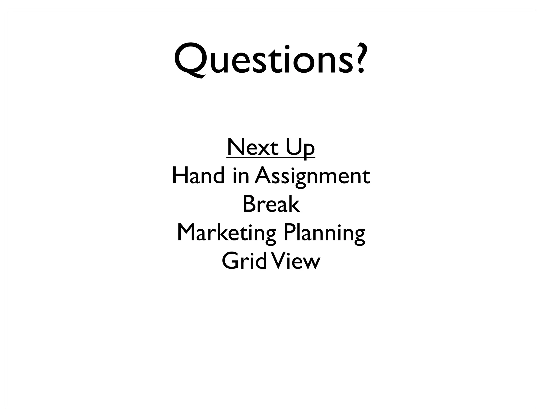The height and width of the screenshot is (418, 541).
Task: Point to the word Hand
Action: click(x=198, y=176)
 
